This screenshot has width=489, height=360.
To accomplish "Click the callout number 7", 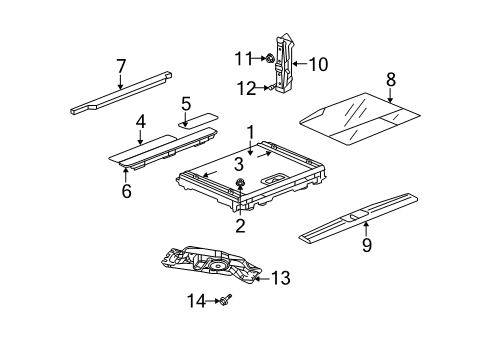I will pyautogui.click(x=121, y=66).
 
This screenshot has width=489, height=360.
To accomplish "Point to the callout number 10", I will pyautogui.click(x=318, y=65).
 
